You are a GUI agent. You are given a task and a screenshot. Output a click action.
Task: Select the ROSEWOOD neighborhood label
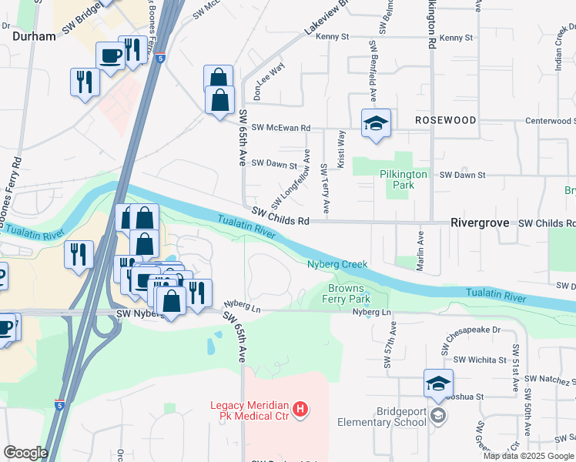point(445,121)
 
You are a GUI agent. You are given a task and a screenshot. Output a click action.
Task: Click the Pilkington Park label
point(403,179)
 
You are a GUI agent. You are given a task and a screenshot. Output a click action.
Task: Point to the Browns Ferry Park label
point(349,294)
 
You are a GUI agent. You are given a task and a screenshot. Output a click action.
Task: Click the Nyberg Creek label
point(337,264)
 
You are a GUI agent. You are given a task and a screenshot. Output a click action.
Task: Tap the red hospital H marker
point(301,408)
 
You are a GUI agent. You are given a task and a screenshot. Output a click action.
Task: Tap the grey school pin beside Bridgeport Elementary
point(438,417)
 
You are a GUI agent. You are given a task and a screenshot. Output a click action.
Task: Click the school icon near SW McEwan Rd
point(377,123)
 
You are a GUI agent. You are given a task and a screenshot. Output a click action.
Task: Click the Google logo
point(25,453)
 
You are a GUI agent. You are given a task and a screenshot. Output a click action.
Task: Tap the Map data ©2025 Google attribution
point(528,456)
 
